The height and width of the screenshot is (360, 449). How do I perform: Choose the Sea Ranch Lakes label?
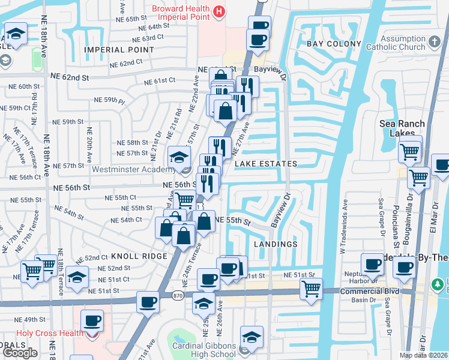pyautogui.click(x=402, y=128)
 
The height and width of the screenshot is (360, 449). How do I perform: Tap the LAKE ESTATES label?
pyautogui.click(x=266, y=164)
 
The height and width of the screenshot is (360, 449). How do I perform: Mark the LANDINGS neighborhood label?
pyautogui.click(x=276, y=244)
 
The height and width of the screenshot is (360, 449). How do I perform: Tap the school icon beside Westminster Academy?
pyautogui.click(x=178, y=157)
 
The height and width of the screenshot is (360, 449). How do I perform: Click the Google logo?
pyautogui.click(x=20, y=353)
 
